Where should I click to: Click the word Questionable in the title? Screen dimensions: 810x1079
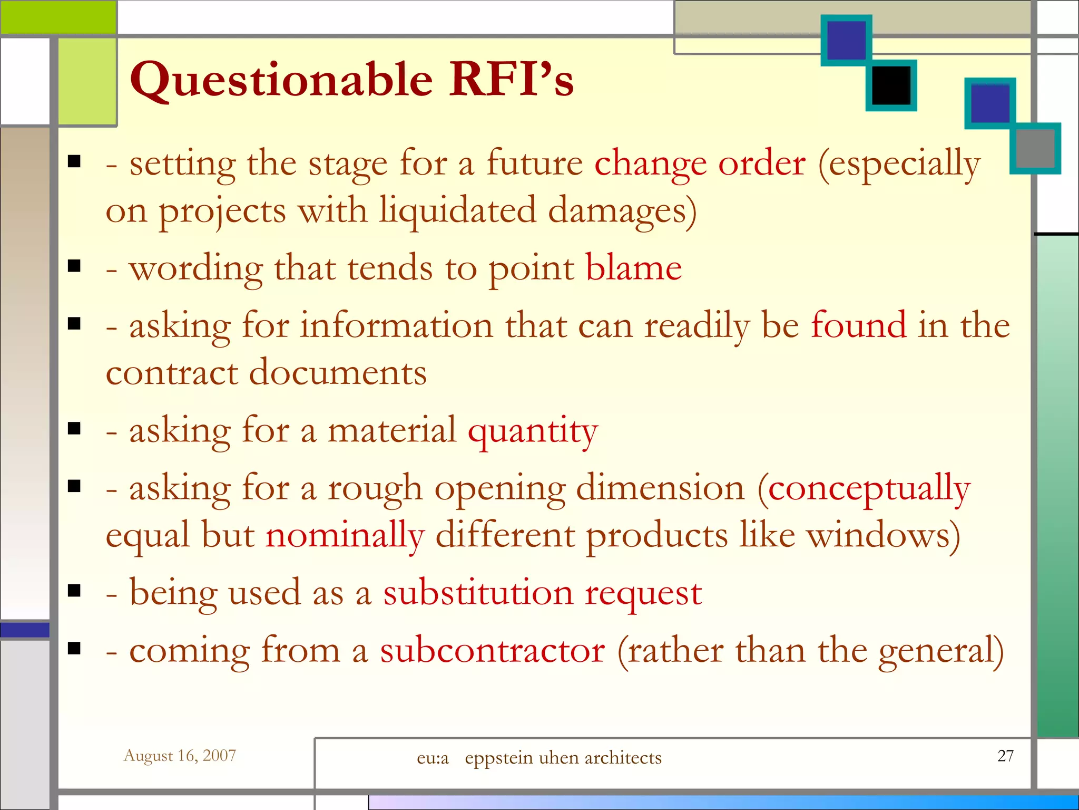click(x=281, y=81)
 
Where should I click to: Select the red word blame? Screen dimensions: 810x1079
click(x=633, y=268)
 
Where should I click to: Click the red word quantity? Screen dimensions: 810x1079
click(x=533, y=431)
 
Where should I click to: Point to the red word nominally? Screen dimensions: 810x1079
click(x=345, y=535)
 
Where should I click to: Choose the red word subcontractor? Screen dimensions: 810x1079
click(x=492, y=650)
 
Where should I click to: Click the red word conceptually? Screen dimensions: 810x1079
click(x=869, y=488)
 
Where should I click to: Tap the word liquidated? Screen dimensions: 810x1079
click(x=457, y=210)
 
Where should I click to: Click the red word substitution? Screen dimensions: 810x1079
click(x=478, y=593)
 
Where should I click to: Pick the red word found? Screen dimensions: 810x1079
click(x=858, y=325)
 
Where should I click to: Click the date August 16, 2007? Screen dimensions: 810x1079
click(x=180, y=756)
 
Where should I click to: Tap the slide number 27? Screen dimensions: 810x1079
click(x=1005, y=756)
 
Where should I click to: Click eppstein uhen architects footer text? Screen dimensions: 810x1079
click(x=563, y=758)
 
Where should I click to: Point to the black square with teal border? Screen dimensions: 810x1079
click(x=891, y=85)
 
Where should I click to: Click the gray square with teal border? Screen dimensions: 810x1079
click(x=1035, y=148)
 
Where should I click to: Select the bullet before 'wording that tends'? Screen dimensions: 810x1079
click(x=74, y=266)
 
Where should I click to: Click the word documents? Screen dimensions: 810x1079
click(x=337, y=372)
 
